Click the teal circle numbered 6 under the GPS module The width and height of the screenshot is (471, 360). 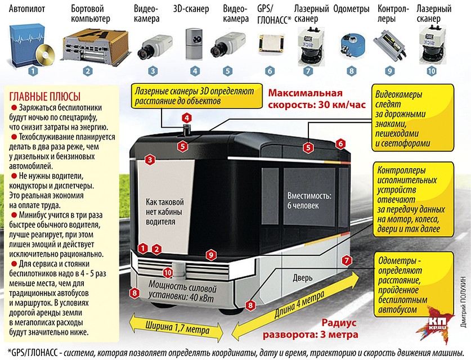pyautogui.click(x=270, y=71)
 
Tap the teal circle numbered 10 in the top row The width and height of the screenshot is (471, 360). pyautogui.click(x=431, y=71)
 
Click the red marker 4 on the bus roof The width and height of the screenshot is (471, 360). pyautogui.click(x=186, y=119)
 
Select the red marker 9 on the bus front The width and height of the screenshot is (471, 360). pyautogui.click(x=210, y=255)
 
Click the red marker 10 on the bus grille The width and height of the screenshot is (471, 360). pyautogui.click(x=167, y=273)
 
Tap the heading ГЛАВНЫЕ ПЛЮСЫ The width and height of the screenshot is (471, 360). pyautogui.click(x=42, y=96)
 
